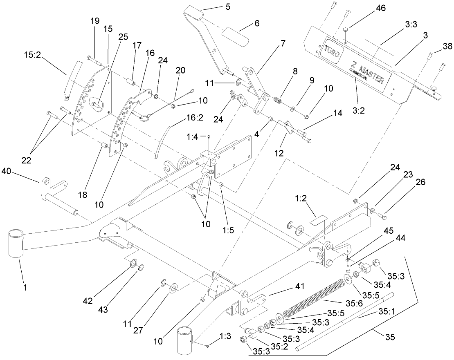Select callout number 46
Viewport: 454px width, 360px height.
pos(380,8)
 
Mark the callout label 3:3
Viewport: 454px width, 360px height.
pos(411,25)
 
